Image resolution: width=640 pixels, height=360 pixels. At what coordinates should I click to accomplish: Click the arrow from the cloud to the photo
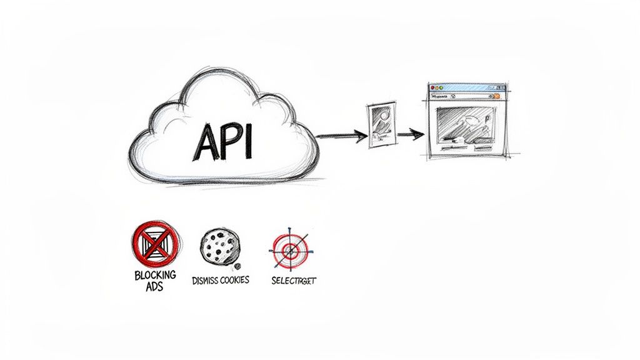pos(341,134)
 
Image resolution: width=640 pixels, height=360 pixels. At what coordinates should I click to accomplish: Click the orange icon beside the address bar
pos(497,96)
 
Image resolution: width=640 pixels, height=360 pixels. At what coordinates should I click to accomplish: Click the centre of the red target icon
pos(290,250)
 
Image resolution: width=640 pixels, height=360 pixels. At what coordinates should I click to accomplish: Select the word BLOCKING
pos(155,275)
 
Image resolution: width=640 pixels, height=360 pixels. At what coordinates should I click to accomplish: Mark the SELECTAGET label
pos(294,281)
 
